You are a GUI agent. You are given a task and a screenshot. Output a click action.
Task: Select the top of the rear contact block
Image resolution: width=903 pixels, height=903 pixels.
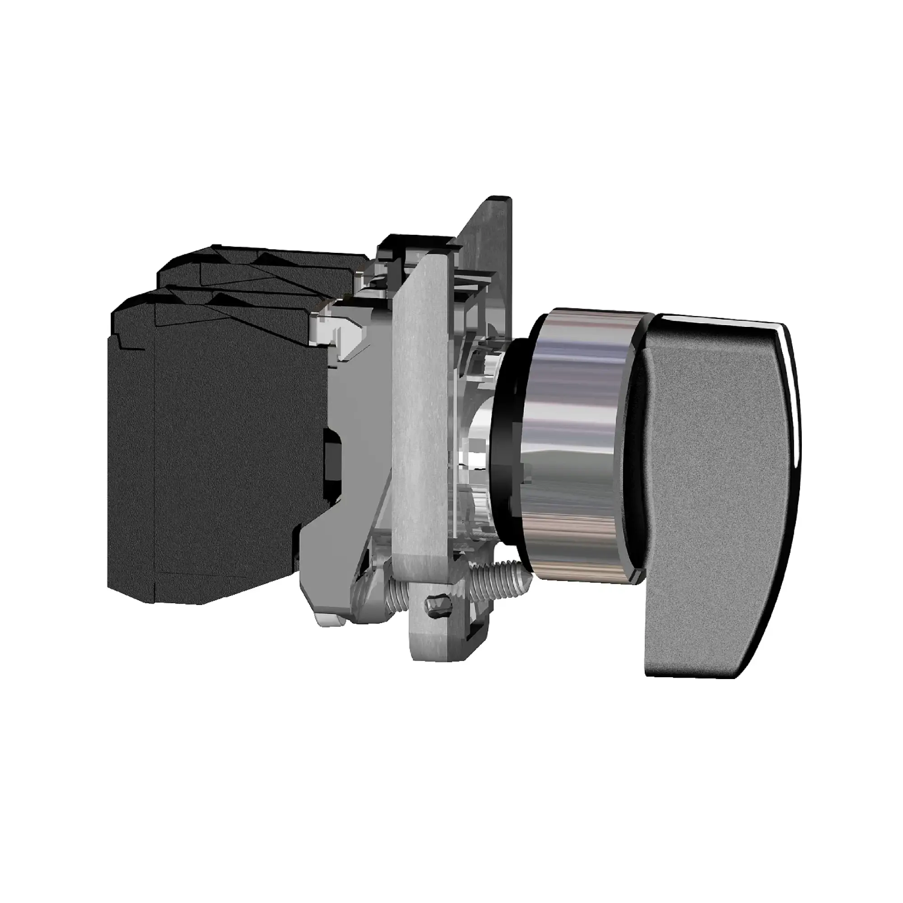tap(262, 266)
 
